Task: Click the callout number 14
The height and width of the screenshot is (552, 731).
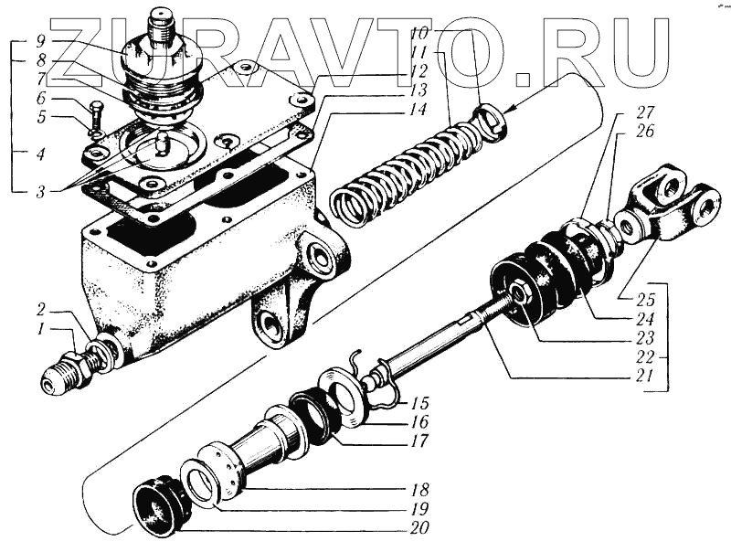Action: coord(418,109)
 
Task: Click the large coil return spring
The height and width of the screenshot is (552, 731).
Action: coord(393,174)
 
